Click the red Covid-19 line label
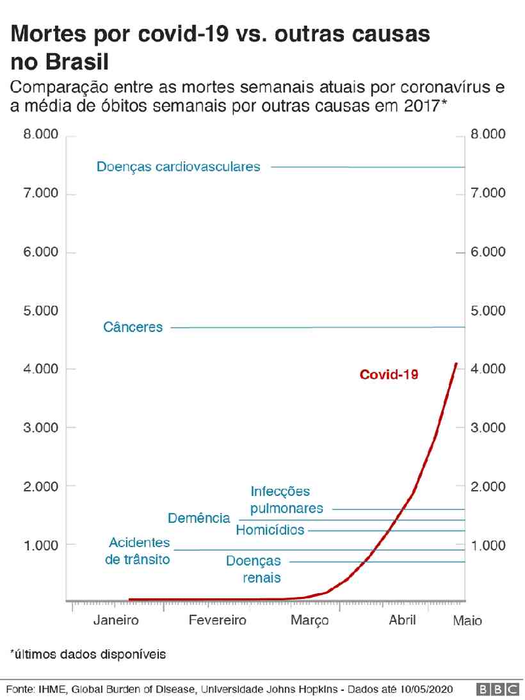389,374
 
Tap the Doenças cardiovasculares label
179,167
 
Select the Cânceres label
133,328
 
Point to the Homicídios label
270,530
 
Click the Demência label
198,518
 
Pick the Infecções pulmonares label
286,500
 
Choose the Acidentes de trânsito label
139,551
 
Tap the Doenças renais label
254,569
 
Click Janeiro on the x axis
116,620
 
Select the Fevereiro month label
217,620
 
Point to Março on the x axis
310,620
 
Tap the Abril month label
402,620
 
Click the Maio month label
467,621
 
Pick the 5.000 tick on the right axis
488,311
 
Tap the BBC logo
497,689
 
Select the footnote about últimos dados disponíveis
88,655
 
